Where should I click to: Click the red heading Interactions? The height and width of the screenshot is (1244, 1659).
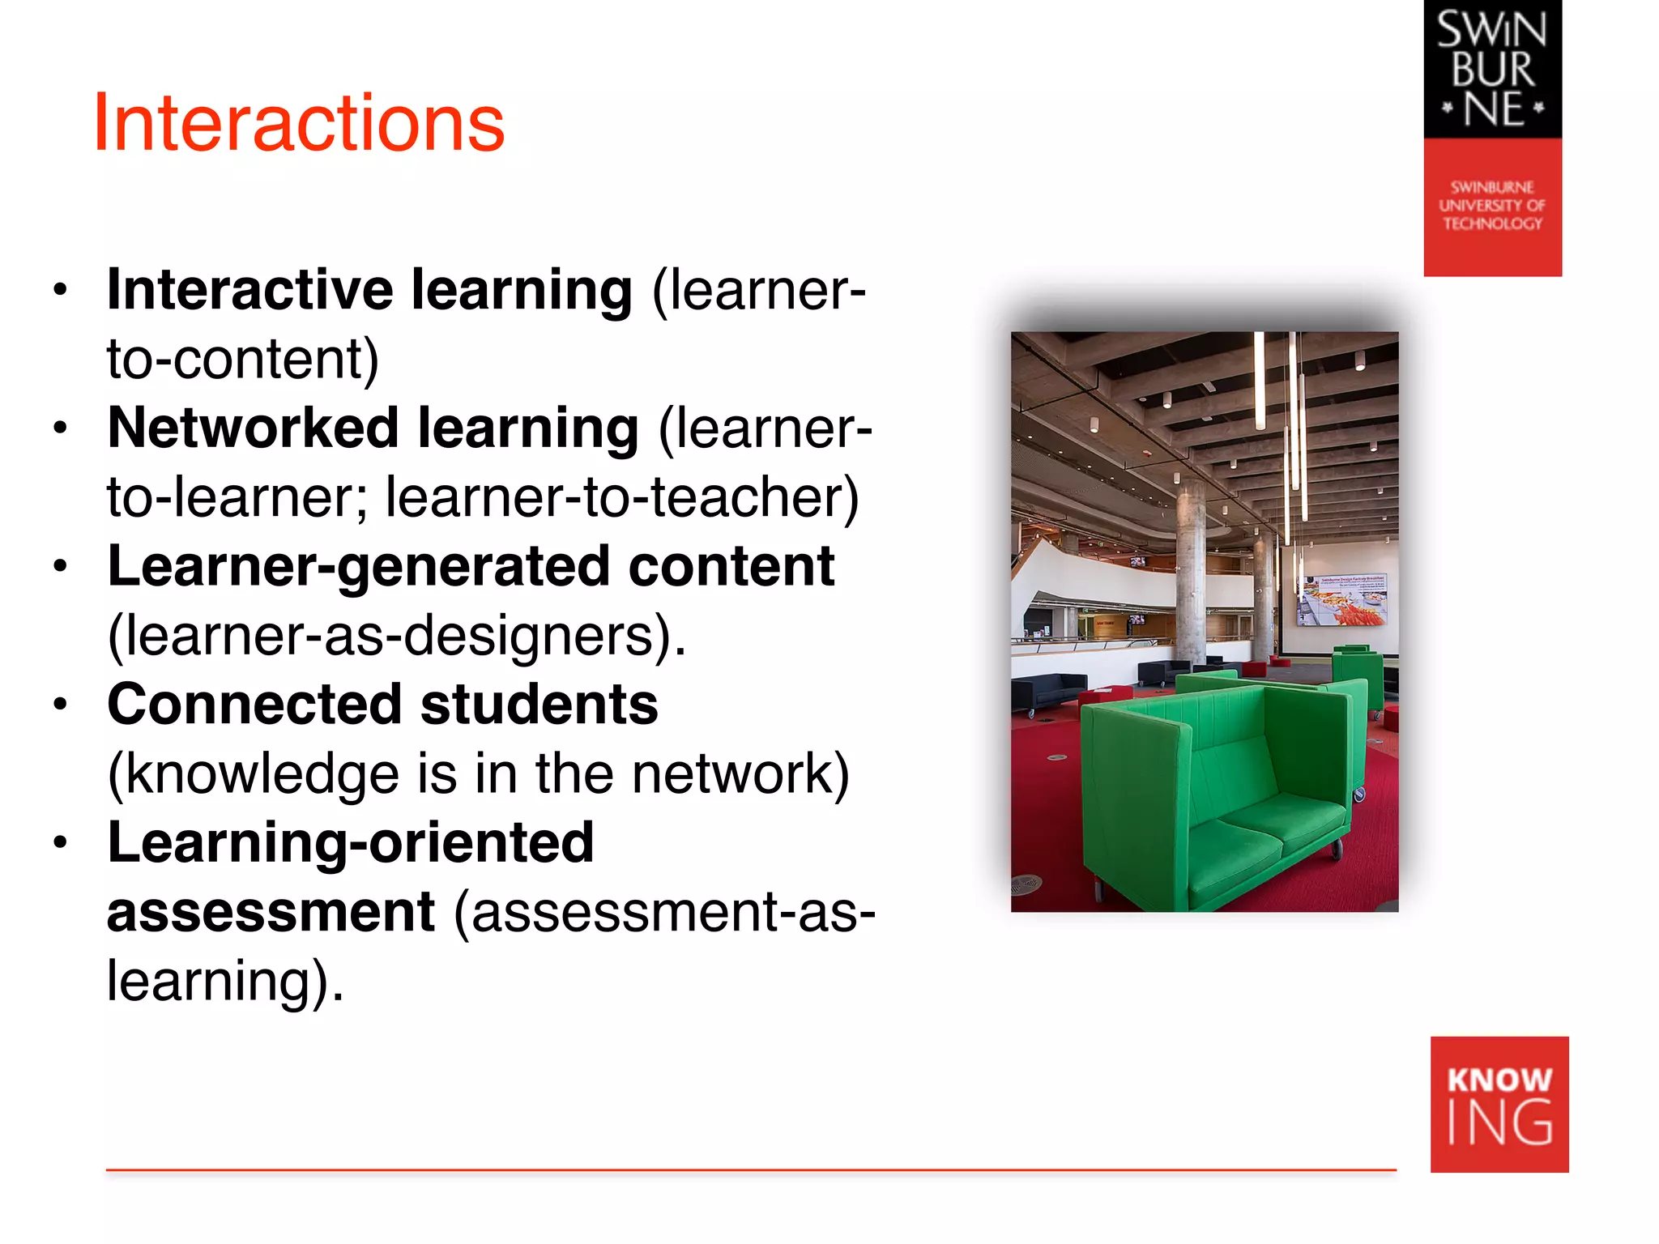[x=299, y=123]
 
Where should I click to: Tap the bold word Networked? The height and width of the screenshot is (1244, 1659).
[x=253, y=428]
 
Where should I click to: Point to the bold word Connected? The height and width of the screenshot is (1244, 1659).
[x=254, y=705]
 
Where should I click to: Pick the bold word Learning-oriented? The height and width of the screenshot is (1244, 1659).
[x=351, y=842]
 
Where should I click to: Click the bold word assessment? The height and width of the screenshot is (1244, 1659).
[x=271, y=912]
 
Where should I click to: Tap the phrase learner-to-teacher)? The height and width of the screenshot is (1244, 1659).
[x=621, y=497]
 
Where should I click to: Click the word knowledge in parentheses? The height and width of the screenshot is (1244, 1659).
[x=262, y=774]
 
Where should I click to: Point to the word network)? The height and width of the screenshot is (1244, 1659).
[x=740, y=774]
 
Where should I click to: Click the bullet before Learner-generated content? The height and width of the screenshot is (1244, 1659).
[x=60, y=565]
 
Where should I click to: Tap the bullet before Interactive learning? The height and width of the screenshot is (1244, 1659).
[x=60, y=289]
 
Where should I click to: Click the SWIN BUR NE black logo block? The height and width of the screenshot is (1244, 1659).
[x=1492, y=69]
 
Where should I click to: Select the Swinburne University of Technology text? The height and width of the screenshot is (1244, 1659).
[x=1492, y=206]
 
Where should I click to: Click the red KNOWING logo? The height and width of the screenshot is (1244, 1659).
[x=1499, y=1105]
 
